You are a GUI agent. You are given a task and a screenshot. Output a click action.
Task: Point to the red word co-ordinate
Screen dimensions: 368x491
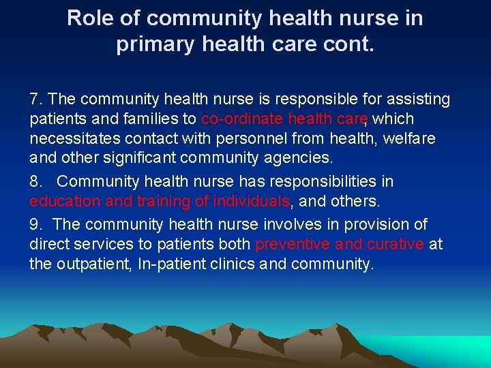pyautogui.click(x=242, y=119)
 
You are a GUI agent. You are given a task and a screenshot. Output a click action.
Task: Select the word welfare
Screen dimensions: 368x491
pyautogui.click(x=409, y=139)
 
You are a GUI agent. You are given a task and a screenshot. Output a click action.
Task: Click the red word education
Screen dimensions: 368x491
pyautogui.click(x=64, y=202)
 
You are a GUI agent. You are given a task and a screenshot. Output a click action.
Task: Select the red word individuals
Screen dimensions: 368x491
pyautogui.click(x=252, y=202)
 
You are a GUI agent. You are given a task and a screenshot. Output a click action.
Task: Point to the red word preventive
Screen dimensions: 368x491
pyautogui.click(x=293, y=244)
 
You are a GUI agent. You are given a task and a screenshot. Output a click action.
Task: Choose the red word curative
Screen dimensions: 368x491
pyautogui.click(x=395, y=244)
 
